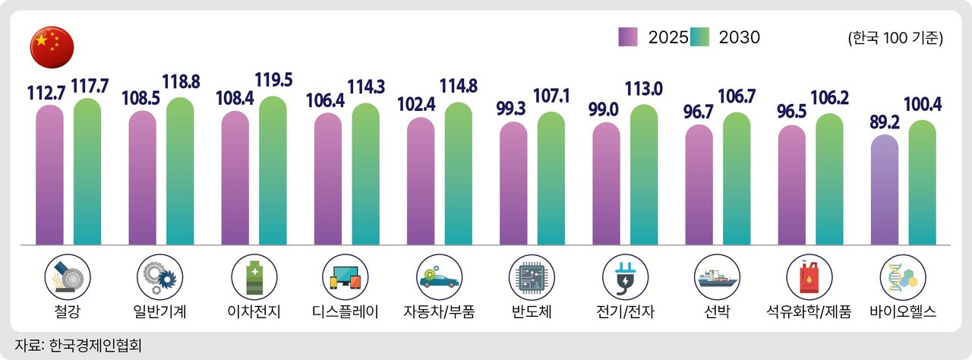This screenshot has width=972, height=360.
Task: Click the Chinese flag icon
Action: [x=52, y=46]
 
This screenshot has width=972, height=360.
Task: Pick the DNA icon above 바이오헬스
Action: [x=901, y=275]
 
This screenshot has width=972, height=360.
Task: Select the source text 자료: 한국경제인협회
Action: [x=78, y=345]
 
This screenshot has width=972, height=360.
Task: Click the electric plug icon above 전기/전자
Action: [x=623, y=275]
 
